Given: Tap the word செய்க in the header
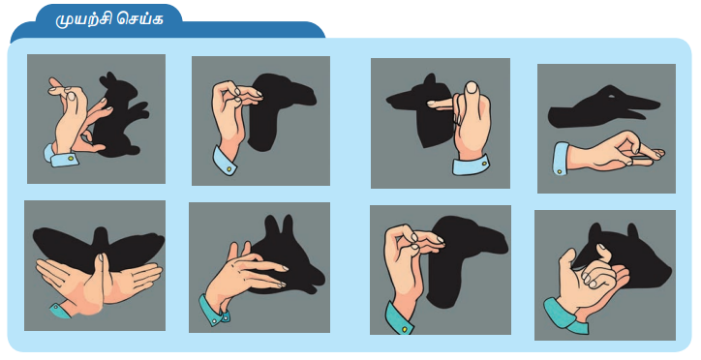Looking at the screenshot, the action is tap(139, 19).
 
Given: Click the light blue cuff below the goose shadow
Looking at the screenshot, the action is tap(561, 159).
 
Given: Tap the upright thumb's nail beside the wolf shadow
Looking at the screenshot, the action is tap(471, 87).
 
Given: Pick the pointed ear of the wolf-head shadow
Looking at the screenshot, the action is tap(430, 80).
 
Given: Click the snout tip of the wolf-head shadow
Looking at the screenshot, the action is tap(390, 98).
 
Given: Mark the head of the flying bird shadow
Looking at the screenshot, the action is tap(101, 233).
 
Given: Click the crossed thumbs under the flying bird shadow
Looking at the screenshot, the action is tap(100, 277).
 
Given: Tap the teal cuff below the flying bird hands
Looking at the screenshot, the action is tap(60, 310).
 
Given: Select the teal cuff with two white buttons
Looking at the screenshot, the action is tap(214, 309).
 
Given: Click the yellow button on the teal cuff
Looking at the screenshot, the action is tap(404, 329).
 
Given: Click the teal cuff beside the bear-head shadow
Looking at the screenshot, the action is tap(564, 316).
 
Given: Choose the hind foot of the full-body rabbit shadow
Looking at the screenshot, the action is tap(120, 151).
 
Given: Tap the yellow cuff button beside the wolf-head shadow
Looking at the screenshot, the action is tap(484, 164).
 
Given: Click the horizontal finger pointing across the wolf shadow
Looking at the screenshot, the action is tap(441, 104).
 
